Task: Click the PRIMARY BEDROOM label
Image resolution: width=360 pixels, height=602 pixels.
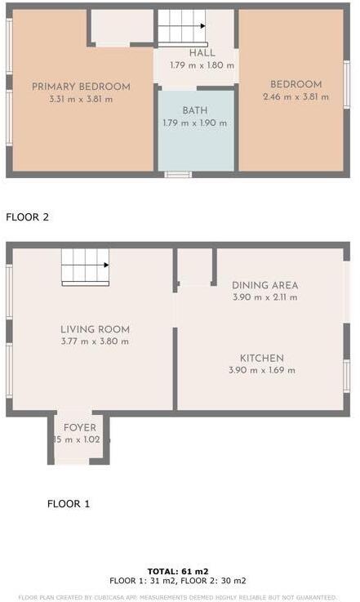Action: click(81, 87)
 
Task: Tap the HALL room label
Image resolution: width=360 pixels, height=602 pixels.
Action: click(202, 53)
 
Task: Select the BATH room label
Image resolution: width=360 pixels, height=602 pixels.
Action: click(194, 110)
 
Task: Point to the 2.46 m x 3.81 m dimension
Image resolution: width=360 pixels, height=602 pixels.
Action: click(296, 96)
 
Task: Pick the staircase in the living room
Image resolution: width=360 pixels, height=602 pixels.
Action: click(85, 265)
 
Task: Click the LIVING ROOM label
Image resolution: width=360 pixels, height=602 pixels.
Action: click(95, 329)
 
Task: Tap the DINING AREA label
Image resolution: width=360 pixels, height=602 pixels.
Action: click(264, 285)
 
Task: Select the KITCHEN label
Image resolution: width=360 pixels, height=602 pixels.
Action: click(261, 358)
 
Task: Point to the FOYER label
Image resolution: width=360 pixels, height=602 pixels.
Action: click(80, 427)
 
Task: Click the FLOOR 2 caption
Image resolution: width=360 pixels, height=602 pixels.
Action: click(27, 217)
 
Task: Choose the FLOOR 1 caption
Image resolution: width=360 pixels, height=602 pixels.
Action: click(69, 504)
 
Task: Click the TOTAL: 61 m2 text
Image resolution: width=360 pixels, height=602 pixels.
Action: click(178, 571)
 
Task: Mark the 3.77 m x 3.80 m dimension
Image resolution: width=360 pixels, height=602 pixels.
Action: click(95, 341)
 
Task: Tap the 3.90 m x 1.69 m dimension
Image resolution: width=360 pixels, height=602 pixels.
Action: click(261, 370)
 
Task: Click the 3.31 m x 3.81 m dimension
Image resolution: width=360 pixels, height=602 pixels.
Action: click(81, 99)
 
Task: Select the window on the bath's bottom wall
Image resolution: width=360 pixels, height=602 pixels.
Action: click(178, 174)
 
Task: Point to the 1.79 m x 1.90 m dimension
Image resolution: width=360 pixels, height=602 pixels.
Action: click(194, 123)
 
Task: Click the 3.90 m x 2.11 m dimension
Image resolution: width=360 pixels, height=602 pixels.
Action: click(264, 297)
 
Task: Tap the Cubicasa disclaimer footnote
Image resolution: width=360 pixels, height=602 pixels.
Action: click(178, 597)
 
